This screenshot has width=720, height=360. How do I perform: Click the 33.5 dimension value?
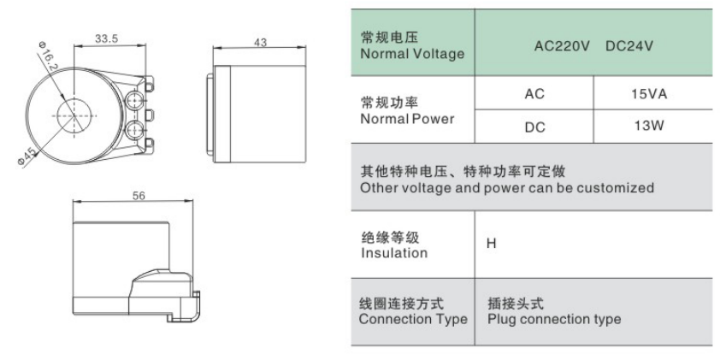pyautogui.click(x=107, y=38)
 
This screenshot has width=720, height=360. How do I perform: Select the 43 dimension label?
pyautogui.click(x=260, y=42)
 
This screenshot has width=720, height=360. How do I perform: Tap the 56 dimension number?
pyautogui.click(x=139, y=196)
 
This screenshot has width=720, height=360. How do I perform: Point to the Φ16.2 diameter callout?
pyautogui.click(x=47, y=56)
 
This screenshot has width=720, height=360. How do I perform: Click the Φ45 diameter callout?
pyautogui.click(x=27, y=157)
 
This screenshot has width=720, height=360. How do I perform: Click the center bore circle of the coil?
pyautogui.click(x=74, y=115)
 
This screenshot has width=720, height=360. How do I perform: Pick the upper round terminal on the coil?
pyautogui.click(x=133, y=100)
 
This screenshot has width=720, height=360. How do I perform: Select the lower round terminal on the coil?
pyautogui.click(x=133, y=130)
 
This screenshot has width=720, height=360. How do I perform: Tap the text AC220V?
pyautogui.click(x=562, y=46)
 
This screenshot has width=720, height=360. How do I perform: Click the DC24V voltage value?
pyautogui.click(x=629, y=46)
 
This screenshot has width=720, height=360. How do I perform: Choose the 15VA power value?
pyautogui.click(x=649, y=94)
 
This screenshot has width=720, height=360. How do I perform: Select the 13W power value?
pyautogui.click(x=649, y=126)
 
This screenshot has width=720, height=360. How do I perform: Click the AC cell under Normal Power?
pyautogui.click(x=534, y=94)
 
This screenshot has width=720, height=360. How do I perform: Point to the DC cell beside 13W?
pyautogui.click(x=535, y=127)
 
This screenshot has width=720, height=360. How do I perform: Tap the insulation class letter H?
pyautogui.click(x=492, y=244)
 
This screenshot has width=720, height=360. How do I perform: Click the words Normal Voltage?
pyautogui.click(x=412, y=54)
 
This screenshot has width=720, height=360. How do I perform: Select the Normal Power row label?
pyautogui.click(x=407, y=119)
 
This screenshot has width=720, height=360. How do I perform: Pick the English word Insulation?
pyautogui.click(x=394, y=253)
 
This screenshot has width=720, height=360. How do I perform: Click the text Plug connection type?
pyautogui.click(x=554, y=319)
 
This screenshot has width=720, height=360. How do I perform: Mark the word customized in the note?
pyautogui.click(x=616, y=188)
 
